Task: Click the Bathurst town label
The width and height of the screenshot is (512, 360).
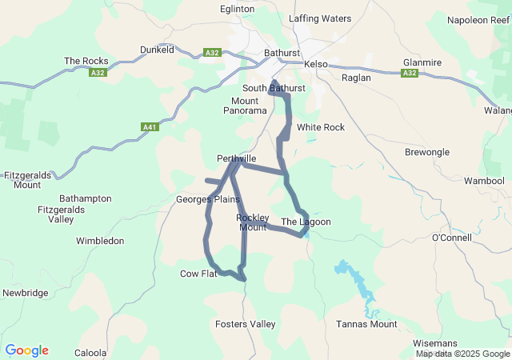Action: pos(281,54)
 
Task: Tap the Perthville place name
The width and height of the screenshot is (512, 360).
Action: pos(236,158)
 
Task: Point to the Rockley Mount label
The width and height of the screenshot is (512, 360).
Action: pos(252,222)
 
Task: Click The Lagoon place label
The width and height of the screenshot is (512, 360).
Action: pos(306,222)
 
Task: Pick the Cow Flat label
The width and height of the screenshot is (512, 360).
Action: pos(198,274)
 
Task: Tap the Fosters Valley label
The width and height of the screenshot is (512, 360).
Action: pos(245,324)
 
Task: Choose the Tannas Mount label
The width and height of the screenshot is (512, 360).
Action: pos(366,324)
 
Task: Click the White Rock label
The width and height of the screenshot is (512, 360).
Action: pos(320,127)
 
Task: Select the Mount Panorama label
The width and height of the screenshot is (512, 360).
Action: pos(245,106)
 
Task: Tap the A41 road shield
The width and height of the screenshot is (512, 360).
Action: pos(149,126)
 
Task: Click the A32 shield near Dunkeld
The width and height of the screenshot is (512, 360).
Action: pos(211,53)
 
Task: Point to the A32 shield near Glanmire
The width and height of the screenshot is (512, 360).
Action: pos(410,73)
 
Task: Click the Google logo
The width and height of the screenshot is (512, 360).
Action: pos(26,350)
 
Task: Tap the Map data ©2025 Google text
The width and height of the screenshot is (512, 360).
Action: pos(462,354)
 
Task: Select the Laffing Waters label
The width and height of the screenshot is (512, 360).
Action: pos(320,18)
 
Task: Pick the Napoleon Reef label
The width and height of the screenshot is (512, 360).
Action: pos(478,20)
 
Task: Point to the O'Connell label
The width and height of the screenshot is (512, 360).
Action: pos(453,238)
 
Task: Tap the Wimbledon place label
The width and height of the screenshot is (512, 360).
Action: pos(100,241)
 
